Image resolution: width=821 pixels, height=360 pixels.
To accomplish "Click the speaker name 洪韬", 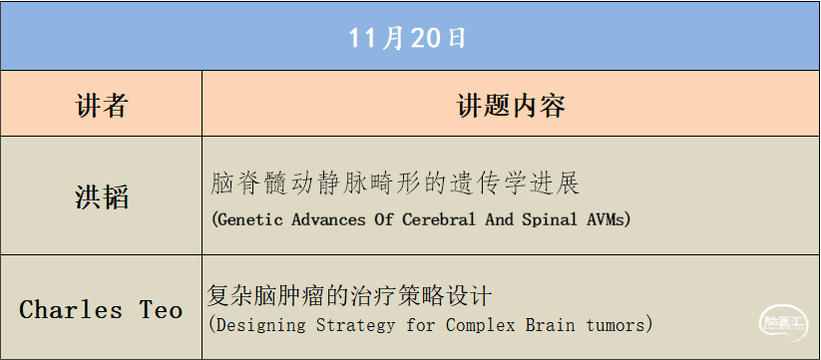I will [x=102, y=195].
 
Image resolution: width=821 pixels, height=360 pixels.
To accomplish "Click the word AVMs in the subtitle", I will [x=610, y=218].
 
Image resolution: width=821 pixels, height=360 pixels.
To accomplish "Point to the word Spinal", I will [x=552, y=218].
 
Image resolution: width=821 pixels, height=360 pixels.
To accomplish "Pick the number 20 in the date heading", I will [x=423, y=38].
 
